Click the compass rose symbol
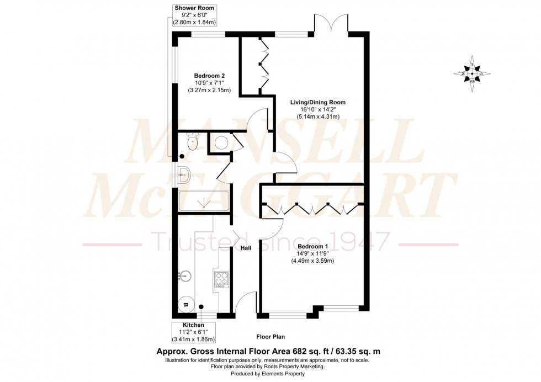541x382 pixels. (472, 73)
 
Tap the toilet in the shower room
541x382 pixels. (192, 142)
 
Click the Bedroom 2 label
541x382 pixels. (209, 76)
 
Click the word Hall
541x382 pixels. (246, 248)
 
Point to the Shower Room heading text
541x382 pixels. (194, 8)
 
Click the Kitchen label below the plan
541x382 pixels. (194, 326)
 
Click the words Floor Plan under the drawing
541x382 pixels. (270, 336)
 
